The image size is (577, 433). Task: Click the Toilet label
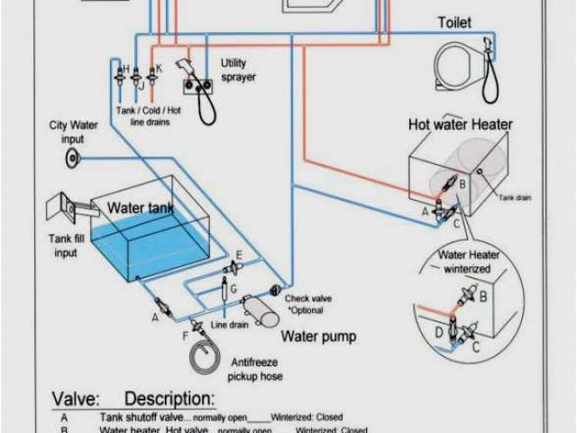click(x=455, y=22)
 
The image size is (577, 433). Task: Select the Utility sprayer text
click(x=238, y=69)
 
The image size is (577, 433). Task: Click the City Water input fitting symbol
click(x=73, y=160)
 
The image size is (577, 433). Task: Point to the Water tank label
click(x=140, y=207)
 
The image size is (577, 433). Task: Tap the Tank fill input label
click(x=69, y=245)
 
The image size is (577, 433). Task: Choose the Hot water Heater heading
click(x=461, y=124)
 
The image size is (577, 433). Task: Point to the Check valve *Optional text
click(x=307, y=304)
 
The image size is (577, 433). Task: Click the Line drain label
click(x=229, y=325)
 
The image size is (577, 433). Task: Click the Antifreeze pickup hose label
click(x=256, y=368)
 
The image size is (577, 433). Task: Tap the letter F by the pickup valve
click(x=186, y=336)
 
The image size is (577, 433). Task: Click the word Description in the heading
click(x=169, y=399)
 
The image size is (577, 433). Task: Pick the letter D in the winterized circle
click(x=439, y=332)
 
